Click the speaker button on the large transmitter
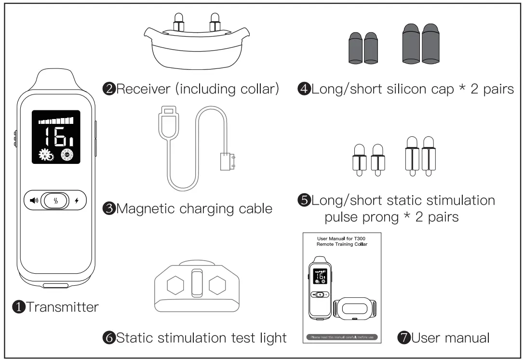click(x=33, y=200)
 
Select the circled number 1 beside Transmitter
click(x=19, y=307)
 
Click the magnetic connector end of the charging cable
click(x=226, y=161)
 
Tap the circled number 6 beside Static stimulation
click(x=109, y=337)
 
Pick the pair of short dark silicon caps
click(x=364, y=47)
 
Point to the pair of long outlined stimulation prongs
click(x=417, y=157)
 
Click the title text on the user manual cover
click(x=342, y=241)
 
